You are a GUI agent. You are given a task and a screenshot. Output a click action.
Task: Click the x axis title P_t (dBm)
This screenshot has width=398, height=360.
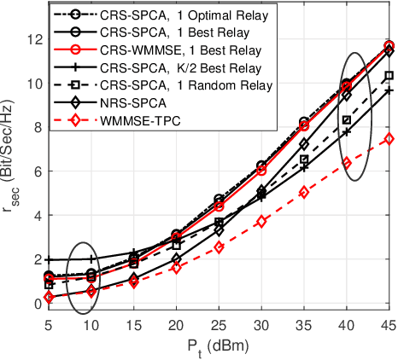[x=219, y=346]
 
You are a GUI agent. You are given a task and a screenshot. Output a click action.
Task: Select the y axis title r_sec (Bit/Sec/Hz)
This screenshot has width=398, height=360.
[x=11, y=171]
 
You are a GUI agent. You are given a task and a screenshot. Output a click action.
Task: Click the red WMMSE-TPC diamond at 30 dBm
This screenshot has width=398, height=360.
[x=261, y=222]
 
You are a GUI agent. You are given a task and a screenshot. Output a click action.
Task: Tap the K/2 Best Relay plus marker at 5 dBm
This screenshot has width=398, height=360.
[x=50, y=259]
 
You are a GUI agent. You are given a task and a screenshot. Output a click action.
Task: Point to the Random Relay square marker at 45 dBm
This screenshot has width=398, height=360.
[x=389, y=76]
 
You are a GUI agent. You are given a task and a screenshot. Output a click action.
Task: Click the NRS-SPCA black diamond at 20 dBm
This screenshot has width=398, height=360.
[x=177, y=258]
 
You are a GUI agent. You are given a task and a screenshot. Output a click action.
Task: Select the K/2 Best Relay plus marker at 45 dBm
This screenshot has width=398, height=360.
[x=389, y=90]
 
